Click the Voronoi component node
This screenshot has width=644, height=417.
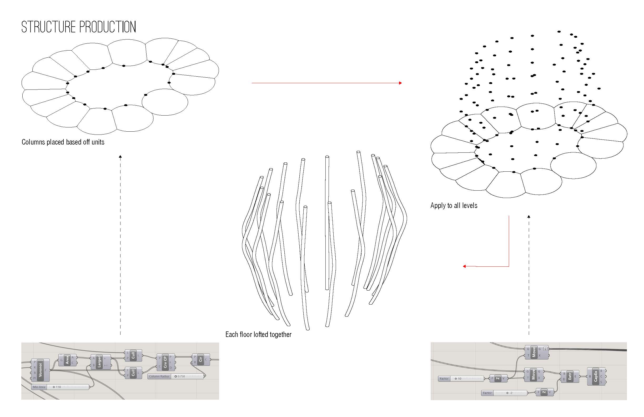[40, 370]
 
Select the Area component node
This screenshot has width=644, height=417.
[67, 360]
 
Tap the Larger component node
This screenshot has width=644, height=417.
[99, 362]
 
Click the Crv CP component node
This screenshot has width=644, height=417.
[165, 362]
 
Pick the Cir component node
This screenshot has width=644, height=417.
[200, 359]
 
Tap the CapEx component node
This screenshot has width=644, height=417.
[596, 376]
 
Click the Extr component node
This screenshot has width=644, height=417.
[570, 376]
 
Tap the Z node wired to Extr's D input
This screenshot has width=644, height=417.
[544, 392]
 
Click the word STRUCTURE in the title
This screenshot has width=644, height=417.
[48, 27]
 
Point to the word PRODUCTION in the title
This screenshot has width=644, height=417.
[108, 27]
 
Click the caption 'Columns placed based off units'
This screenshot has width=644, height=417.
[63, 142]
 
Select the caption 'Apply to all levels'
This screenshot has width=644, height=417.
[454, 206]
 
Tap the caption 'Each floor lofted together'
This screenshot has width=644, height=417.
[258, 335]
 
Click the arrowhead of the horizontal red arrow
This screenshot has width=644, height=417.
[400, 83]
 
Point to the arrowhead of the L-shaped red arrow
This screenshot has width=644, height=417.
[464, 266]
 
